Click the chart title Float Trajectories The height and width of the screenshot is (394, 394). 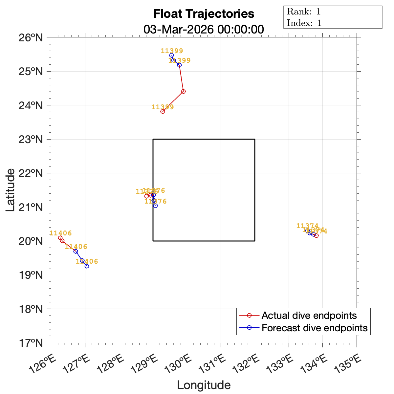(x=204, y=14)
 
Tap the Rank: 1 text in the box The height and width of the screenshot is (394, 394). (x=304, y=12)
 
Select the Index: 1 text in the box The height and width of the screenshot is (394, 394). (x=304, y=23)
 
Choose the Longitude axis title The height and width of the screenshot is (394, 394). (x=204, y=385)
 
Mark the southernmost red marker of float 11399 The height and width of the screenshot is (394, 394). (x=163, y=112)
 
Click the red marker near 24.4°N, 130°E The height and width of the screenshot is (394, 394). (x=183, y=91)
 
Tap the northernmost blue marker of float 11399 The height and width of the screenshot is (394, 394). (x=171, y=55)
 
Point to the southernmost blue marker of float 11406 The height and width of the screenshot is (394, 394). (x=87, y=266)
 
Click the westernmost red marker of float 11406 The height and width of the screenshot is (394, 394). (x=60, y=238)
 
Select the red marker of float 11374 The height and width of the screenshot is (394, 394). (x=316, y=235)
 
